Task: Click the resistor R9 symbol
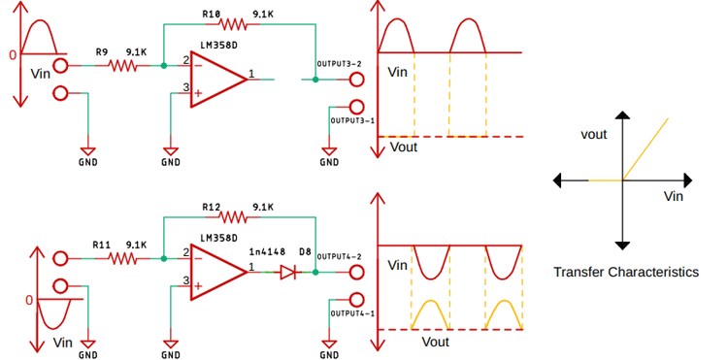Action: [x=123, y=66]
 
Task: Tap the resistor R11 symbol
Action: [x=123, y=259]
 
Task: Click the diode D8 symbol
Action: [x=288, y=273]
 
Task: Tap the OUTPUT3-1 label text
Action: [x=352, y=120]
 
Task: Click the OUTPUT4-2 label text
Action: [x=340, y=256]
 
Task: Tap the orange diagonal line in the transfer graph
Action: [x=646, y=147]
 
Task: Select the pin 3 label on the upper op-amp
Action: [x=184, y=90]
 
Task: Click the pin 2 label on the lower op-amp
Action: [x=184, y=253]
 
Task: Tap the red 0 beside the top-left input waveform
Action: [x=13, y=55]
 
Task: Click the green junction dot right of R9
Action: [x=162, y=67]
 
